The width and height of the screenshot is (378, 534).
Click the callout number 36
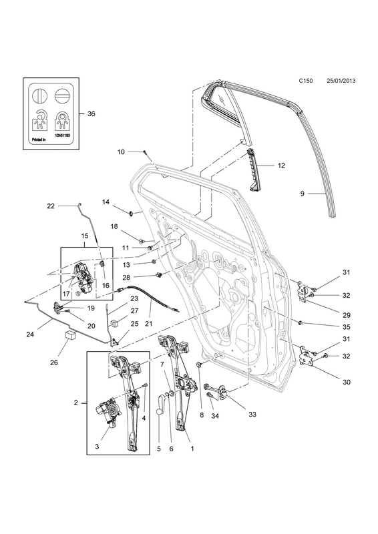[x=91, y=113]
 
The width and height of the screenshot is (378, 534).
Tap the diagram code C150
[x=306, y=81]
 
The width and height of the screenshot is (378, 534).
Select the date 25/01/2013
[x=341, y=81]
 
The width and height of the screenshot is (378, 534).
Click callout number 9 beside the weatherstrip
[x=302, y=194]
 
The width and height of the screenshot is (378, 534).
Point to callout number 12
[x=281, y=166]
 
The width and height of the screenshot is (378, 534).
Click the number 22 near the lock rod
[x=51, y=206]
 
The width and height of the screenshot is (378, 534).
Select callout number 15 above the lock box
[x=85, y=236]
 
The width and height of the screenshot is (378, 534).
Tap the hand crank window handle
[x=160, y=403]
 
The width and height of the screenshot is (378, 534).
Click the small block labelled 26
[x=70, y=335]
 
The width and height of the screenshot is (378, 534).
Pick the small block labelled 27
[x=114, y=322]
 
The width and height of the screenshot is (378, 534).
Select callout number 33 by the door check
[x=252, y=415]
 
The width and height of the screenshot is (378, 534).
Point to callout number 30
[x=347, y=382]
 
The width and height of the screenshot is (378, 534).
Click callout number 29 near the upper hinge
[x=347, y=315]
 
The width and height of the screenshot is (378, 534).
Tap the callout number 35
[x=347, y=327]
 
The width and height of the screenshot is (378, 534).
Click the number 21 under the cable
[x=148, y=324]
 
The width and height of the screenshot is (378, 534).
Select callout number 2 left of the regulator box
[x=75, y=403]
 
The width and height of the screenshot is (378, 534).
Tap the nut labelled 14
[x=130, y=214]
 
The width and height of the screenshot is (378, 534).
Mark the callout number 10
[x=121, y=152]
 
